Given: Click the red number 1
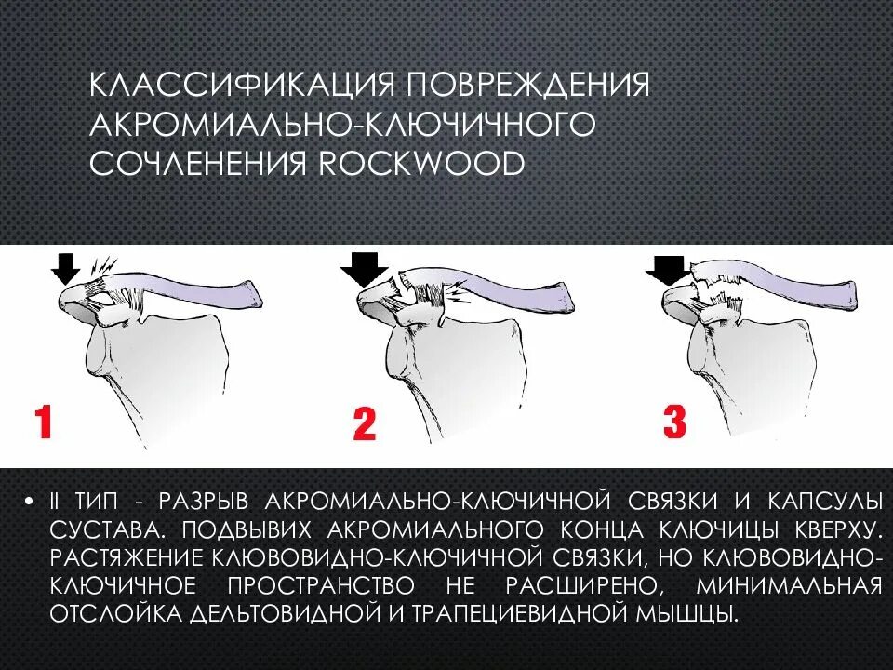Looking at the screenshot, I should (42, 422).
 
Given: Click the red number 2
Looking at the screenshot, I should (364, 424).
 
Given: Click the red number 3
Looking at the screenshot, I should (673, 421).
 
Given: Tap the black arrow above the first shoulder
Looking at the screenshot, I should (65, 269).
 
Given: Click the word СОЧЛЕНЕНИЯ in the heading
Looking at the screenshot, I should (197, 164).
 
